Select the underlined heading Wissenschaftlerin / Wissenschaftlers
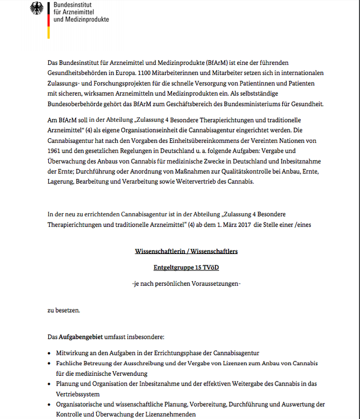click(186, 251)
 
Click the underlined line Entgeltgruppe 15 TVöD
click(186, 267)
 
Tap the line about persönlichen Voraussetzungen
click(186, 283)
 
